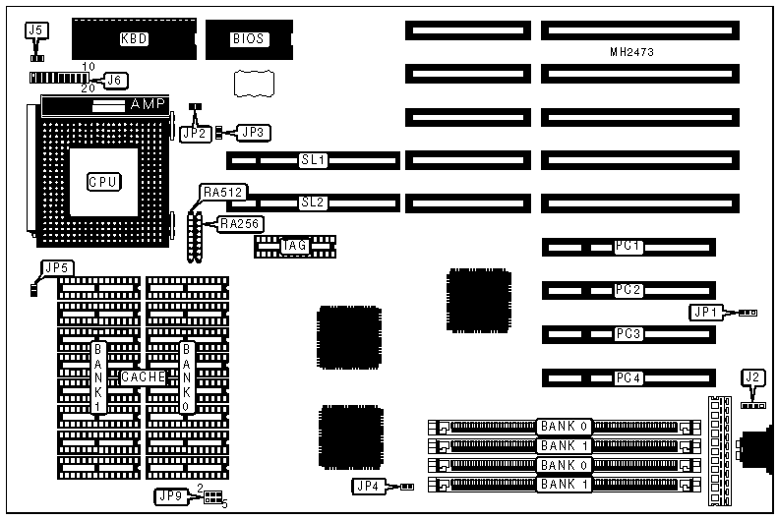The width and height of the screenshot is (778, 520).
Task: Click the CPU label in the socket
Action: click(102, 181)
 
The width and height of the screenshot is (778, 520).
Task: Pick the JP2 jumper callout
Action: click(194, 132)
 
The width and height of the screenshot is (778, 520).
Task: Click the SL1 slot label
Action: click(312, 159)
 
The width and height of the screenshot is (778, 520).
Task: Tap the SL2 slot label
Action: click(312, 202)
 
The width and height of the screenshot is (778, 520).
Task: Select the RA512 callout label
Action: click(222, 192)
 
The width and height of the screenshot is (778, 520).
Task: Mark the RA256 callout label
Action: click(240, 224)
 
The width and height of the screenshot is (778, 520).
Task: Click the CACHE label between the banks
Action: click(144, 377)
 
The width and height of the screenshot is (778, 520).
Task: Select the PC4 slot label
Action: click(628, 378)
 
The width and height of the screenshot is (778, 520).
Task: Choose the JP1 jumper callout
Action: click(706, 313)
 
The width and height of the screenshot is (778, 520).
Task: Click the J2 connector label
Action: click(752, 376)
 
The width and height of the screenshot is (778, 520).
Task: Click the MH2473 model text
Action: click(631, 51)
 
